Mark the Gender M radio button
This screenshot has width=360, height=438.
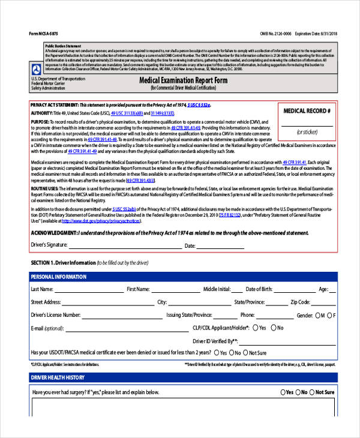point(317,316)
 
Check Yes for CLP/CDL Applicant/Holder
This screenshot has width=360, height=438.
point(256,328)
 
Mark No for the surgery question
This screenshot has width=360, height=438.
point(304,392)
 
